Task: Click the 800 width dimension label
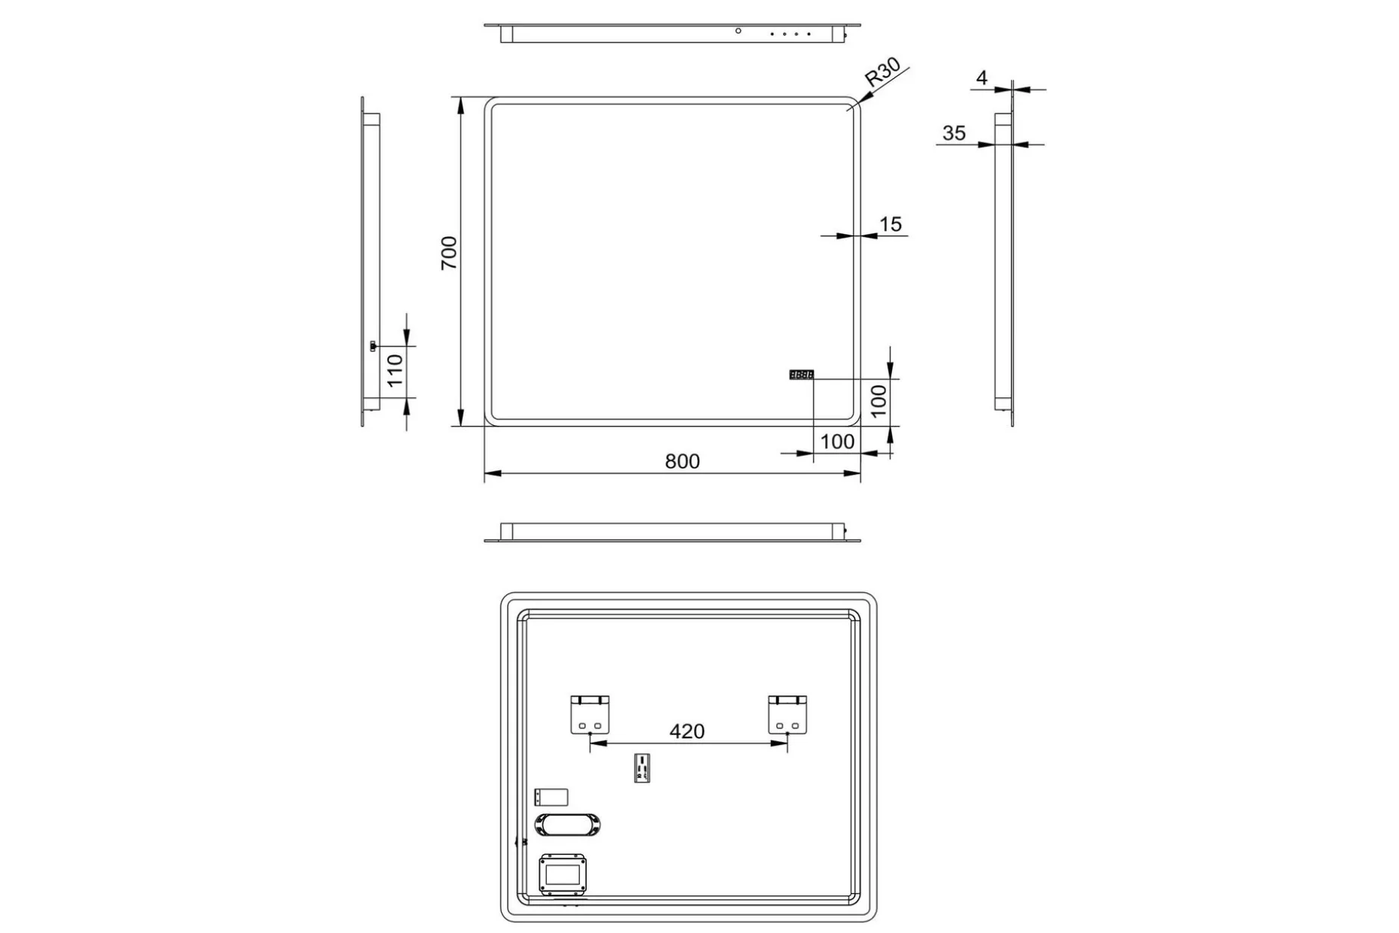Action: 682,461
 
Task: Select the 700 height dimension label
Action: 449,253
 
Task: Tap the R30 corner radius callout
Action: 882,72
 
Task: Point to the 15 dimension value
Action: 891,224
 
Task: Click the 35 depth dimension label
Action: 954,133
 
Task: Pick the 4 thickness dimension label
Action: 982,77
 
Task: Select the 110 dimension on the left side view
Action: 396,371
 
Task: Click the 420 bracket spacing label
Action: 687,731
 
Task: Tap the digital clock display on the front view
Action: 801,374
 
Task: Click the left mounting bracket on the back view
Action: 589,714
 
